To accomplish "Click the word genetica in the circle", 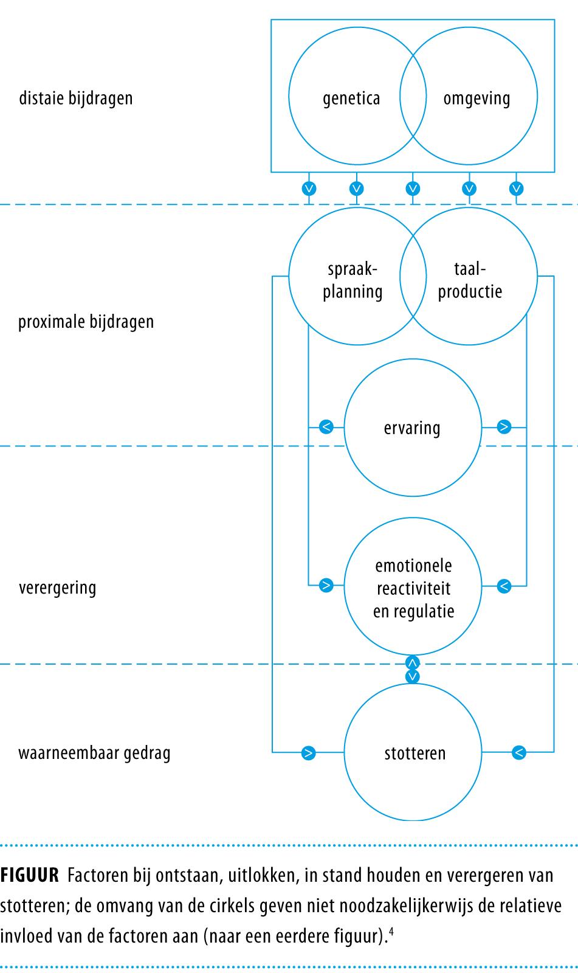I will coord(351,99).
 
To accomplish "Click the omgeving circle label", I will coord(477,99).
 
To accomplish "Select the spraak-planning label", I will coord(353,280).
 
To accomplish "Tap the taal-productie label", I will coord(470,280).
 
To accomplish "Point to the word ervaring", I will coord(412,428).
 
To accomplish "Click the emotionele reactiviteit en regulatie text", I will coord(413,588).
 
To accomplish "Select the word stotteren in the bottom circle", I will coord(415,753).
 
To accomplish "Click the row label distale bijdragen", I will coord(76,98).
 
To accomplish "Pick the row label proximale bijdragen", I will coord(86,322).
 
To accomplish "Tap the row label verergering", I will coord(58,588).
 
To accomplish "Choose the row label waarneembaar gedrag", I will coord(94,753).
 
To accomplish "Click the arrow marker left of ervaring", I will coord(326,427).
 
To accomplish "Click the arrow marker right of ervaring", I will coord(504,427).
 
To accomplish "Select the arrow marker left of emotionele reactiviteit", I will coord(326,586).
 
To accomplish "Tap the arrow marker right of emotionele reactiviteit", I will coord(504,586).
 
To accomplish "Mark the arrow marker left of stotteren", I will coord(309,753).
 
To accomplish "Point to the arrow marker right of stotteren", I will coord(518,753).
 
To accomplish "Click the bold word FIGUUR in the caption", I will coord(30,876).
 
